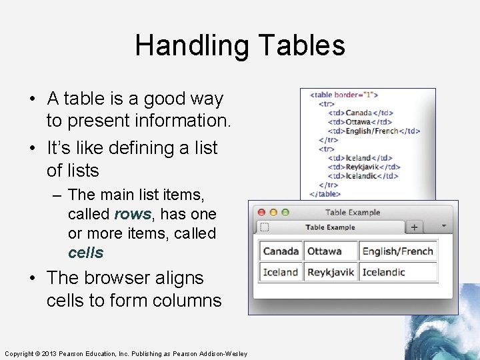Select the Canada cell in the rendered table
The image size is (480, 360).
pyautogui.click(x=281, y=251)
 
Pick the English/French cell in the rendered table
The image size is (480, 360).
pyautogui.click(x=397, y=251)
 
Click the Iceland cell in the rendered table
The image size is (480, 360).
pyautogui.click(x=281, y=272)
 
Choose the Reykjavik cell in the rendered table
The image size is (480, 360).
pyautogui.click(x=330, y=272)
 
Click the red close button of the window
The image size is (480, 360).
pyautogui.click(x=262, y=212)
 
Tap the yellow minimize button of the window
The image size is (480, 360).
pyautogui.click(x=273, y=212)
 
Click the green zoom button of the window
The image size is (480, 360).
pyautogui.click(x=285, y=212)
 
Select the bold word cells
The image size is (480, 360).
pyautogui.click(x=86, y=253)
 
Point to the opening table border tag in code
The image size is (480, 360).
pyautogui.click(x=343, y=95)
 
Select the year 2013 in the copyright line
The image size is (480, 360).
pyautogui.click(x=51, y=353)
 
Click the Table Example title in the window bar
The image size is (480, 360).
pyautogui.click(x=353, y=212)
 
